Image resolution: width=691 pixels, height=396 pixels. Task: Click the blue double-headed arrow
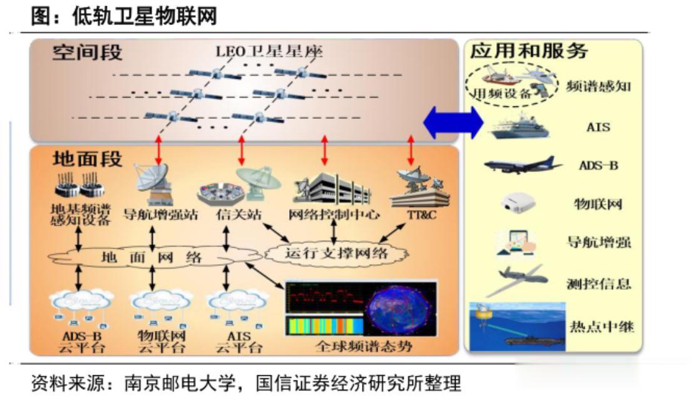click(453, 123)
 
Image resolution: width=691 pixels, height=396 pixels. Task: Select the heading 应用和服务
click(530, 51)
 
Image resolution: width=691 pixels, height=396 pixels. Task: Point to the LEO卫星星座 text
click(270, 51)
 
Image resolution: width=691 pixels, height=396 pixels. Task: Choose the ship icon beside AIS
click(520, 127)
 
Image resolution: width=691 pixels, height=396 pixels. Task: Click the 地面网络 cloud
click(151, 257)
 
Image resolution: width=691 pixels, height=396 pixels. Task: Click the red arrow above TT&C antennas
click(411, 150)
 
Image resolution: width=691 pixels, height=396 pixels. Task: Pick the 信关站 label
click(230, 215)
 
